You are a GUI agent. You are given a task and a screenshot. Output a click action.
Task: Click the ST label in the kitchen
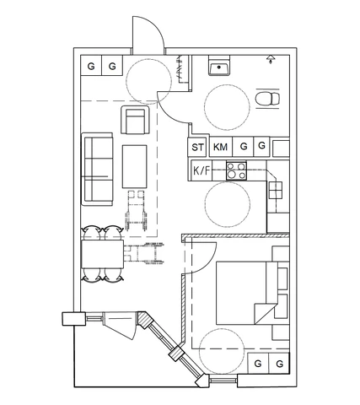tap(198, 147)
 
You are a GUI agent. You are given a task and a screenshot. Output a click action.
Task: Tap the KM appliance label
tap(221, 147)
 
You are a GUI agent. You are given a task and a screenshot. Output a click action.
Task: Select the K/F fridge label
tap(202, 171)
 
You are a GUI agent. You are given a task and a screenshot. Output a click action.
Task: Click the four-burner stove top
tap(235, 171)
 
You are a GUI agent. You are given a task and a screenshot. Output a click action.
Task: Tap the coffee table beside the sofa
tap(135, 166)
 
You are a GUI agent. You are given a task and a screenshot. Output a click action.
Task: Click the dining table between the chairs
tap(102, 254)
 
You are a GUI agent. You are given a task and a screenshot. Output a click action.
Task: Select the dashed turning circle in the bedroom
tap(223, 350)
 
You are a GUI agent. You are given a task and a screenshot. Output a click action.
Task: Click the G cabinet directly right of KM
tap(243, 147)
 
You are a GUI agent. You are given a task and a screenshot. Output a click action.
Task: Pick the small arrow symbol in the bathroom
tap(270, 60)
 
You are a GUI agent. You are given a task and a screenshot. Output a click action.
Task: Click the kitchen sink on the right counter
tap(276, 192)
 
